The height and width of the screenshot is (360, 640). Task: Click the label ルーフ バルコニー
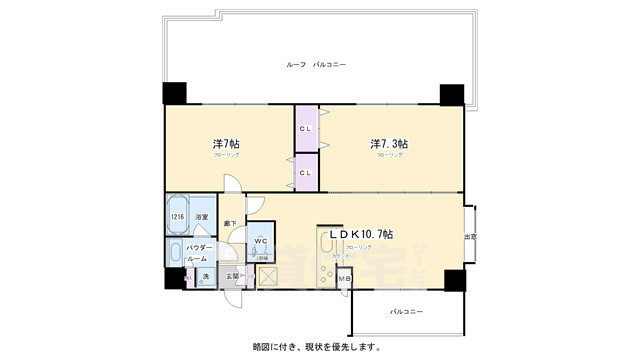(x=316, y=64)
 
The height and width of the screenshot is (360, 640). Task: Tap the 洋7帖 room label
(x=226, y=143)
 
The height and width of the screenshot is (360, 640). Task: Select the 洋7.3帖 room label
(x=389, y=143)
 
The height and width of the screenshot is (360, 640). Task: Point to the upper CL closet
(x=306, y=128)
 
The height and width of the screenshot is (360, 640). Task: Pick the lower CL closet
(x=306, y=173)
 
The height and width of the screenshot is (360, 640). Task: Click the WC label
(x=258, y=241)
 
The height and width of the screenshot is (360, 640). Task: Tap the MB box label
(x=344, y=277)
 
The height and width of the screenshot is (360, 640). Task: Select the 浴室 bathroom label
(x=201, y=216)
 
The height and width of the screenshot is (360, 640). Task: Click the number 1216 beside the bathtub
(x=177, y=216)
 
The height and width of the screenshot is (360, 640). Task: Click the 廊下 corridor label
(x=231, y=223)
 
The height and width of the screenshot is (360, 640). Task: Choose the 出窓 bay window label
(x=470, y=236)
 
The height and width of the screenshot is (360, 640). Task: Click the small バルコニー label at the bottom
(x=406, y=312)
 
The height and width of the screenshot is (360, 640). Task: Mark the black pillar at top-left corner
(x=174, y=93)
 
